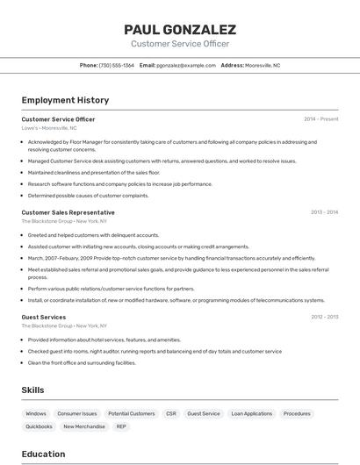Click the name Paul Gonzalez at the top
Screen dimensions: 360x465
click(180, 29)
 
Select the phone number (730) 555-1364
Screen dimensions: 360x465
click(117, 65)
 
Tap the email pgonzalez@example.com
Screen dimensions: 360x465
click(186, 65)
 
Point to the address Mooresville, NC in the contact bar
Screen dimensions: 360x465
click(263, 65)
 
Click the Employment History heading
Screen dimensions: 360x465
click(65, 100)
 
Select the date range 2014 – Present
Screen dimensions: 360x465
click(320, 119)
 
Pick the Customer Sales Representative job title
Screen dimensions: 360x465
click(68, 212)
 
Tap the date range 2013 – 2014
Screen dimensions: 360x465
click(324, 212)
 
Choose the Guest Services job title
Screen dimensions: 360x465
click(43, 317)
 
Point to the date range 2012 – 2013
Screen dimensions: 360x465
click(324, 317)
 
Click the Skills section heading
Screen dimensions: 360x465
click(33, 390)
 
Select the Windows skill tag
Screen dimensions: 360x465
click(36, 413)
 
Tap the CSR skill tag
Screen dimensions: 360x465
click(171, 413)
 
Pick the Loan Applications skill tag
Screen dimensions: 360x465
click(252, 413)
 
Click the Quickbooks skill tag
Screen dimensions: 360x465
click(39, 426)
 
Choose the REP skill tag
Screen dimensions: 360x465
click(121, 426)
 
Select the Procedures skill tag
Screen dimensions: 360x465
click(297, 413)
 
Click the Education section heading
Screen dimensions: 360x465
click(43, 454)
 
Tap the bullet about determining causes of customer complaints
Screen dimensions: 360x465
click(88, 196)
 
